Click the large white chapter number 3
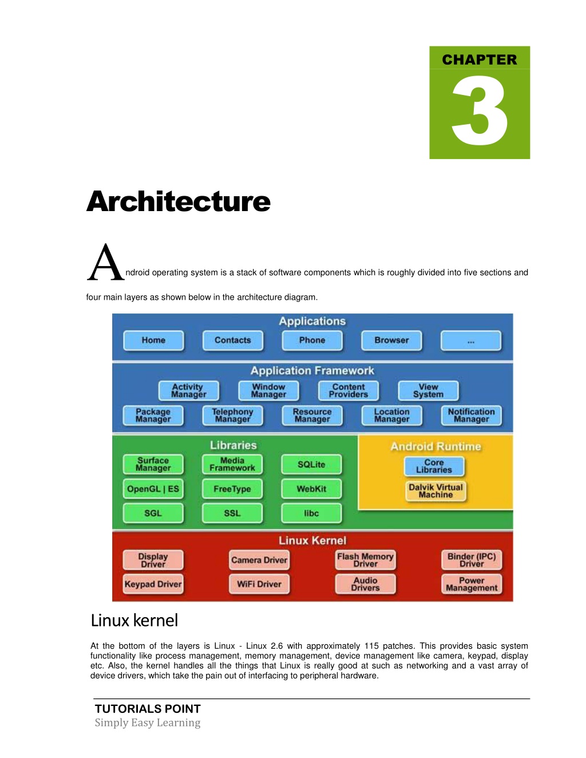tap(480, 110)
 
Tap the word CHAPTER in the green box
tap(479, 59)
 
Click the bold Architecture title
tap(178, 201)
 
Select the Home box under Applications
tap(153, 340)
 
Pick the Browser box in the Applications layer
tap(391, 340)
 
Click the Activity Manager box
tap(189, 391)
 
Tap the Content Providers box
tap(349, 391)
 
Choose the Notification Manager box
tap(471, 415)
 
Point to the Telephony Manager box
tap(233, 415)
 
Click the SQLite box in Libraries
tap(311, 465)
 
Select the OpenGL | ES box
tap(153, 489)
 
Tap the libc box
tap(311, 513)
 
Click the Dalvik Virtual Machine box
tap(435, 491)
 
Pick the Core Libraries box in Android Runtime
tap(434, 466)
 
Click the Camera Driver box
tap(259, 560)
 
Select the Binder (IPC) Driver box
tap(472, 560)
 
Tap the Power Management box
tap(472, 584)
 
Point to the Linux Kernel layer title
tap(312, 541)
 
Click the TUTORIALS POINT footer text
tap(148, 709)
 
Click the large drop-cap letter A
tap(106, 262)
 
